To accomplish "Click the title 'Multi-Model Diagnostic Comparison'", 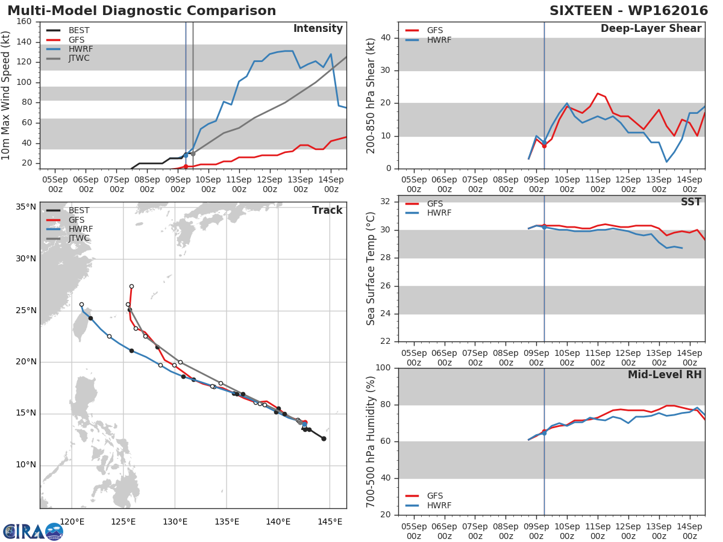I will pos(142,11).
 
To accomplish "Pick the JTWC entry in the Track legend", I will pos(79,238).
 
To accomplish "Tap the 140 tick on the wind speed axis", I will pos(24,42).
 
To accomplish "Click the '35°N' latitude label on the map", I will pos(26,207).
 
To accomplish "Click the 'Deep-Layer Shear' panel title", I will pos(651,29).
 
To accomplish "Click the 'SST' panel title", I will pos(690,202).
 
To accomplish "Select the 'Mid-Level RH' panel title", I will pos(665,375).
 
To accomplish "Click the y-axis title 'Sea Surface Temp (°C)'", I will pos(372,269).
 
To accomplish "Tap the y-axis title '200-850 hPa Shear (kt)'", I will pos(372,95).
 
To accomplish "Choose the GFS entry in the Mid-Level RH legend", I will pos(434,496).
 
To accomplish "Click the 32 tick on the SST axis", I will pos(386,202).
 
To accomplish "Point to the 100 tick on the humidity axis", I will pos(383,368).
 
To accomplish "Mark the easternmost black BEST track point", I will pos(324,438).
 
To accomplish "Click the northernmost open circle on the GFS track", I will pos(131,287).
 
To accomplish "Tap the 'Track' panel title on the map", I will pos(327,210).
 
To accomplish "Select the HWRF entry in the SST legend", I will pos(439,213).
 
